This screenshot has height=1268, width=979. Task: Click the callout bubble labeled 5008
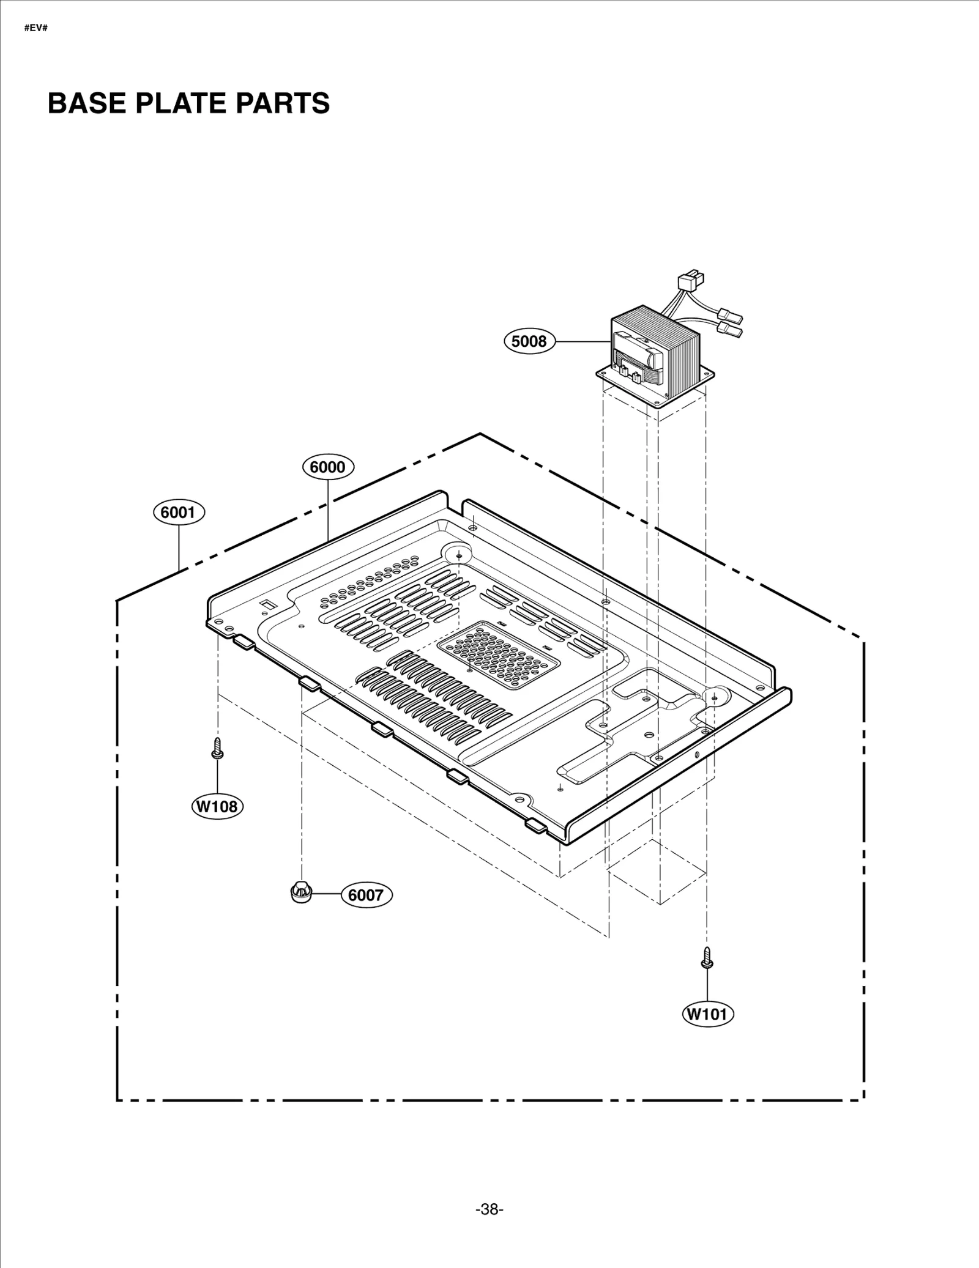(x=529, y=341)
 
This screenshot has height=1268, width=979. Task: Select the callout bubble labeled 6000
(x=328, y=467)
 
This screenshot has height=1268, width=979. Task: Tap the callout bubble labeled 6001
(x=179, y=512)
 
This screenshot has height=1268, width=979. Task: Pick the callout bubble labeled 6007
(x=365, y=895)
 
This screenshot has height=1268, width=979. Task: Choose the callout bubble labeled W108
(x=217, y=806)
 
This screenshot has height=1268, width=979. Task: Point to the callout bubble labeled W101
(x=708, y=1014)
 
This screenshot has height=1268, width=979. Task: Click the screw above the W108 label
(x=217, y=748)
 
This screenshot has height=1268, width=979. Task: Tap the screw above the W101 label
(x=707, y=957)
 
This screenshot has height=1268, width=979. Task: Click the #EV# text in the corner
(x=35, y=29)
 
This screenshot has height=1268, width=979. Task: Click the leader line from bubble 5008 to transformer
(x=581, y=341)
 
